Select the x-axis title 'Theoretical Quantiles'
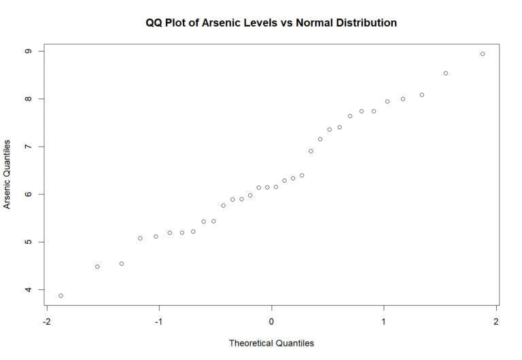271,343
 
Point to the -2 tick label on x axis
46,321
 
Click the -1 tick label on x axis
158,321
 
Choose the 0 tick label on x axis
272,321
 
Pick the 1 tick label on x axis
384,321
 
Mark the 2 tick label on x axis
496,321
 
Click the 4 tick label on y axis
27,290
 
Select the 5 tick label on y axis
27,242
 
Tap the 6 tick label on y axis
27,194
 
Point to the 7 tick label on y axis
27,147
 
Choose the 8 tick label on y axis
27,99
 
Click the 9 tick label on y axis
27,52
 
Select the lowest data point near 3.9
61,296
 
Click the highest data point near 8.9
483,54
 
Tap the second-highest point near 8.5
446,73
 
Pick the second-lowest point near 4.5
97,267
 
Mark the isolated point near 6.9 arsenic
311,151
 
